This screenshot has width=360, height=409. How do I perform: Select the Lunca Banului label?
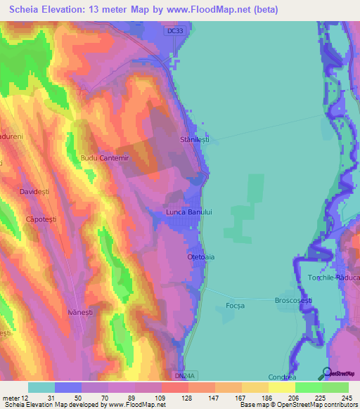(x=188, y=212)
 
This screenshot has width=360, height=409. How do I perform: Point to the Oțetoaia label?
(x=200, y=257)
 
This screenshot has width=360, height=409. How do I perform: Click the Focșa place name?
(x=235, y=305)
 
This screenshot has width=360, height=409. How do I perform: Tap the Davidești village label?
(x=37, y=191)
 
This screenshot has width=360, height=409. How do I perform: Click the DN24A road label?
(x=183, y=376)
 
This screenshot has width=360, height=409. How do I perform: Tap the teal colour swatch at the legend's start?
(x=41, y=387)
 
